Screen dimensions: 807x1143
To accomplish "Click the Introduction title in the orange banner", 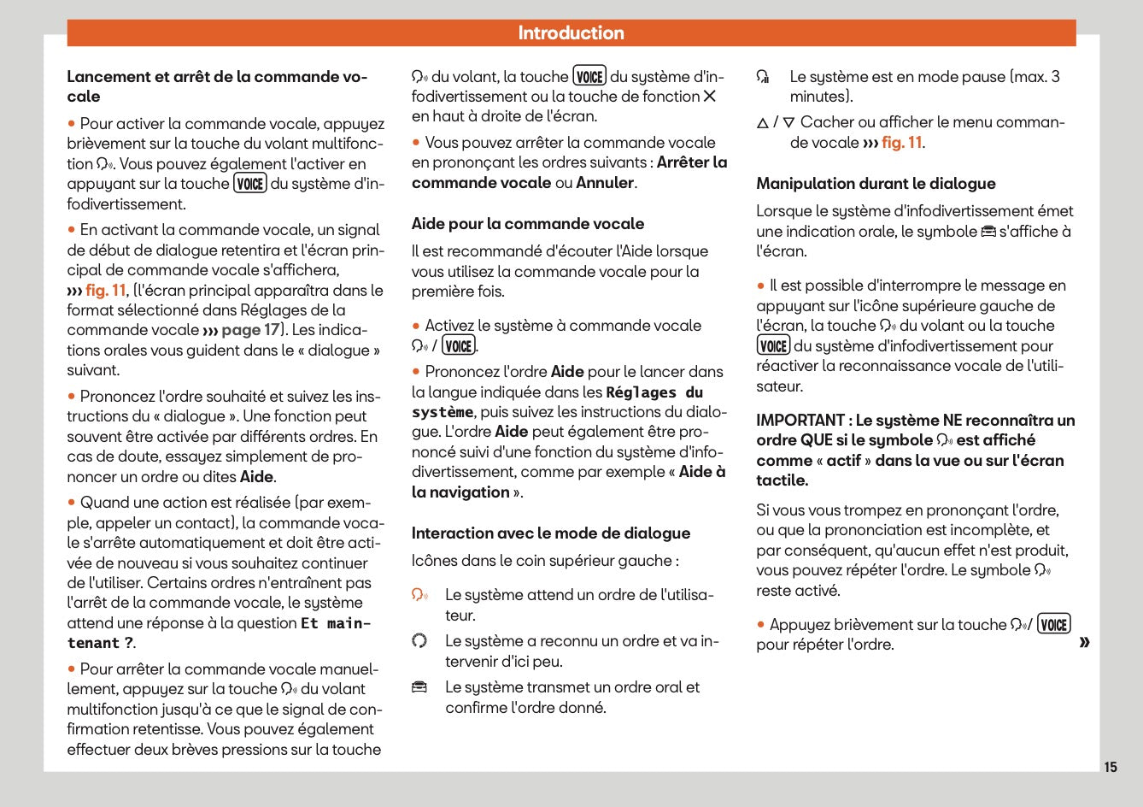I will coord(571,33).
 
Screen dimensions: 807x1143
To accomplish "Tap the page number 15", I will coord(1110,767).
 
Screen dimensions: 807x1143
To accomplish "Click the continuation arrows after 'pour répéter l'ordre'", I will coord(1084,642).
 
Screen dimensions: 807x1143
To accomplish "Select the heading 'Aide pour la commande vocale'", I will coord(527,224).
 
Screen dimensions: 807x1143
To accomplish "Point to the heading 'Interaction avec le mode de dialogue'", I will coord(550,533).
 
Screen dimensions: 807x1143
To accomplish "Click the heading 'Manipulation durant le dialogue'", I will coord(875,184).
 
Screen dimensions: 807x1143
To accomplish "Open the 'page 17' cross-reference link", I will coord(250,330).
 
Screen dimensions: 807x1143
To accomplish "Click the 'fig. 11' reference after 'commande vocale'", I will coord(901,143).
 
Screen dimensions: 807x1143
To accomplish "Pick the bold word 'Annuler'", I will coord(604,183).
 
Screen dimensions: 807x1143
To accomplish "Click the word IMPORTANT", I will coord(800,421).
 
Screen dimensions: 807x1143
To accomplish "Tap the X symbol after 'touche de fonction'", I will coord(709,97).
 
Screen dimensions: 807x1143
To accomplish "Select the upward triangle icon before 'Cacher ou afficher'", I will coord(762,123).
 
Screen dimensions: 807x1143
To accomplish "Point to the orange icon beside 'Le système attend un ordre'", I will coord(419,595).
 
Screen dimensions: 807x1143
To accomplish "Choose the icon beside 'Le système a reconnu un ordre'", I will coord(419,641).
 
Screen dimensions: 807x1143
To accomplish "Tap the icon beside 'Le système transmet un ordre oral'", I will coord(419,687).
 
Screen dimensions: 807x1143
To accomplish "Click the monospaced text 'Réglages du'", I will coord(654,392).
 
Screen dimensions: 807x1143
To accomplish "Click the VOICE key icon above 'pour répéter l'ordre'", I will coord(1053,625).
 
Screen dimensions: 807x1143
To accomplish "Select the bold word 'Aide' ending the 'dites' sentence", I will coord(256,477).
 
